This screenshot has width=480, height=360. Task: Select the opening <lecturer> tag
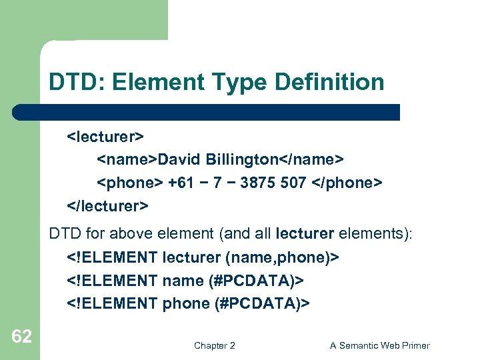point(105,137)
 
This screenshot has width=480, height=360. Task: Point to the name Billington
point(242,160)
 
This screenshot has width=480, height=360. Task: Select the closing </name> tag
point(311,160)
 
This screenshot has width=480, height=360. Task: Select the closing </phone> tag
point(347,183)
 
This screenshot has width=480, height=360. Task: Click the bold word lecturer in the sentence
point(309,235)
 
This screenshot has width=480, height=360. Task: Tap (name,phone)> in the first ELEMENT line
point(287,257)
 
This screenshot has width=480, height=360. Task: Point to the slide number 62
point(21,337)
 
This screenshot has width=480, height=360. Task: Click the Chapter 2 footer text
point(214,345)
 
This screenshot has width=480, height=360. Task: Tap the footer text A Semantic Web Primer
point(379,345)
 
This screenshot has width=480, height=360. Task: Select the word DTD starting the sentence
point(64,235)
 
